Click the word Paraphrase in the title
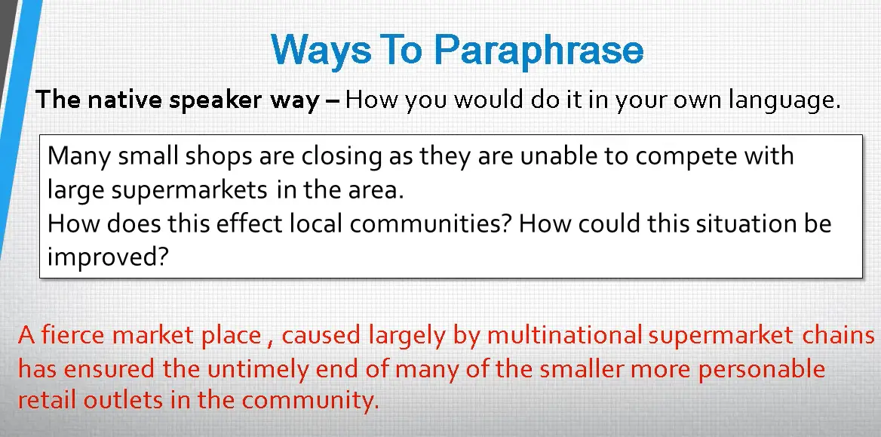539,51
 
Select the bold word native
120,100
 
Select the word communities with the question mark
430,223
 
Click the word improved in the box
108,258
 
